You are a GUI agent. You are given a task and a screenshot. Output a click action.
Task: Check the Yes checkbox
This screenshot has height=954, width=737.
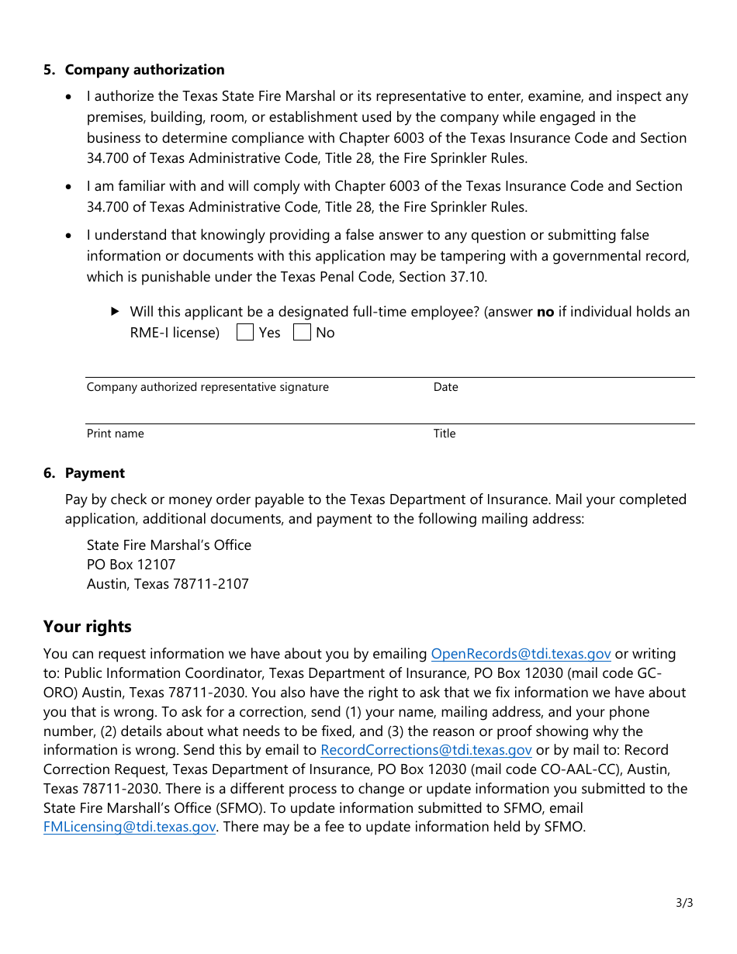point(245,333)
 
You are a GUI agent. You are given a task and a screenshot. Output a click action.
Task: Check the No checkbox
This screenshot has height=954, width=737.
point(302,333)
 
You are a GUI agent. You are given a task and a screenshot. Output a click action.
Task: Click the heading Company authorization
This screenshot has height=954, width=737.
point(144,70)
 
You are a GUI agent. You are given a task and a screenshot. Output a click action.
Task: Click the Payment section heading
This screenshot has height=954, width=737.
point(95,473)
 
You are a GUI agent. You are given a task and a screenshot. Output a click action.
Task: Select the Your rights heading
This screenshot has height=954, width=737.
point(88,627)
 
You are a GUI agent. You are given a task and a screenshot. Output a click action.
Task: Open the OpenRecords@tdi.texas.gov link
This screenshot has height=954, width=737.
point(521,654)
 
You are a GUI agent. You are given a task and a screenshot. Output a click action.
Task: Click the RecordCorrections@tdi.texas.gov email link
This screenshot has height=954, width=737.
point(426,750)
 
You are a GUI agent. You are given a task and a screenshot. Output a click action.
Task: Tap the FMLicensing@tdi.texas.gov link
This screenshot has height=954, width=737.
point(130,827)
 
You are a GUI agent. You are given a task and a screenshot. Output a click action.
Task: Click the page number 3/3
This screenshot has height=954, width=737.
point(684,903)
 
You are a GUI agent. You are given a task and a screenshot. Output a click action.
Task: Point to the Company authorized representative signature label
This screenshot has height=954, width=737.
point(207,387)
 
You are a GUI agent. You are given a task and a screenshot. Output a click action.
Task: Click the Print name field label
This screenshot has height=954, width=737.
point(115,434)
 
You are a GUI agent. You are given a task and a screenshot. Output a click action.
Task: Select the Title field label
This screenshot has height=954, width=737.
point(445,434)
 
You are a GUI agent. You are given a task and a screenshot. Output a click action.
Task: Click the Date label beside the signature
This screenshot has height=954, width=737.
point(446,387)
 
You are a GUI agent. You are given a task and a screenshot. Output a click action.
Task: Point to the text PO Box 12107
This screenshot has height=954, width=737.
point(131,565)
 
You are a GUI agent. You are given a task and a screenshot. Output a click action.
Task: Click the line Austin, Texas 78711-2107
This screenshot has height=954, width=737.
point(168,584)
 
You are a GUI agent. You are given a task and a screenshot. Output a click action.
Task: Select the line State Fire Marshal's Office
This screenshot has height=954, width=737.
point(168,545)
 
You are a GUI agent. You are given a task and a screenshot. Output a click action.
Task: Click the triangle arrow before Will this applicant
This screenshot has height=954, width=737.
point(116,311)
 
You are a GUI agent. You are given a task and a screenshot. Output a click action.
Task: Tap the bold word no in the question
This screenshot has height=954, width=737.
point(545,312)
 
